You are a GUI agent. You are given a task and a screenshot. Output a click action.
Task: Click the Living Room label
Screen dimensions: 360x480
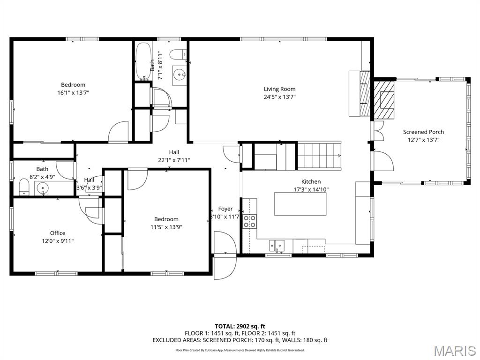coord(279,89)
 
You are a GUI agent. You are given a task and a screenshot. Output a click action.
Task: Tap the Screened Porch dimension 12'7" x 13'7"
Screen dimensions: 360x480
coord(423,140)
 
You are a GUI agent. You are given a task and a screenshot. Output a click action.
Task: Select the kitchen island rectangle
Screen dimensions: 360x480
coord(300,204)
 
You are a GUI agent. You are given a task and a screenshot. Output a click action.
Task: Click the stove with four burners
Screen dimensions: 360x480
coord(250,221)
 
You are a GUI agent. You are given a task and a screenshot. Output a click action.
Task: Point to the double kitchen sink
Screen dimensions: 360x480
coord(277,245)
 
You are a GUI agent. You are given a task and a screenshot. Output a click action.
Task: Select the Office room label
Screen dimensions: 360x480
coord(58,233)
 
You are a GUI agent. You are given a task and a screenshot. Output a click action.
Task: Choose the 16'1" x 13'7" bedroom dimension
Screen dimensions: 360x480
coord(73,93)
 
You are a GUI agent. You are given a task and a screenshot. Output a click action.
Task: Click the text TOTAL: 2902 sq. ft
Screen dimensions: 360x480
coord(240,326)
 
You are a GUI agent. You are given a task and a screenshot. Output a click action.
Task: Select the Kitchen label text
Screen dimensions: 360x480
coord(311,182)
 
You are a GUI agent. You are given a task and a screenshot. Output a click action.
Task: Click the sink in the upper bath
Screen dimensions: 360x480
coord(179,74)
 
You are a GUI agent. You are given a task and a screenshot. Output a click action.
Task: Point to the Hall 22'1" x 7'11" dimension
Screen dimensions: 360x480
coord(174,160)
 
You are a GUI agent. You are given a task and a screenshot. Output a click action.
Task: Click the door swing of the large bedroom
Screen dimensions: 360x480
coord(119,131)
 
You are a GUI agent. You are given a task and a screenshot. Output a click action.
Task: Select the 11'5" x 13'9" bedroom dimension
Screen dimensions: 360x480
coord(166,227)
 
